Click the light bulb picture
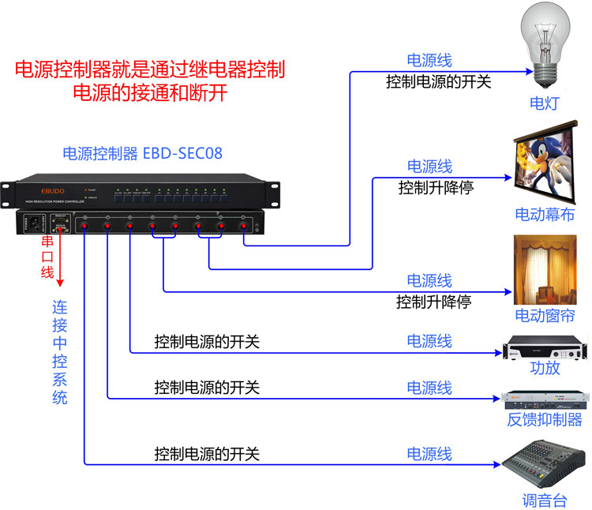point(545,47)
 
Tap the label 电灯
point(545,103)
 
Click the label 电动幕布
point(545,214)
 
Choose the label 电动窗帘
point(545,316)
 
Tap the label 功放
point(545,367)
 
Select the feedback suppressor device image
point(545,398)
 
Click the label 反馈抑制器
point(545,419)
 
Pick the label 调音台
point(545,500)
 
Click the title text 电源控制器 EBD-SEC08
point(142,153)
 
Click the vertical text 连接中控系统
point(60,351)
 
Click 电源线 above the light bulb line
point(429,61)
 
